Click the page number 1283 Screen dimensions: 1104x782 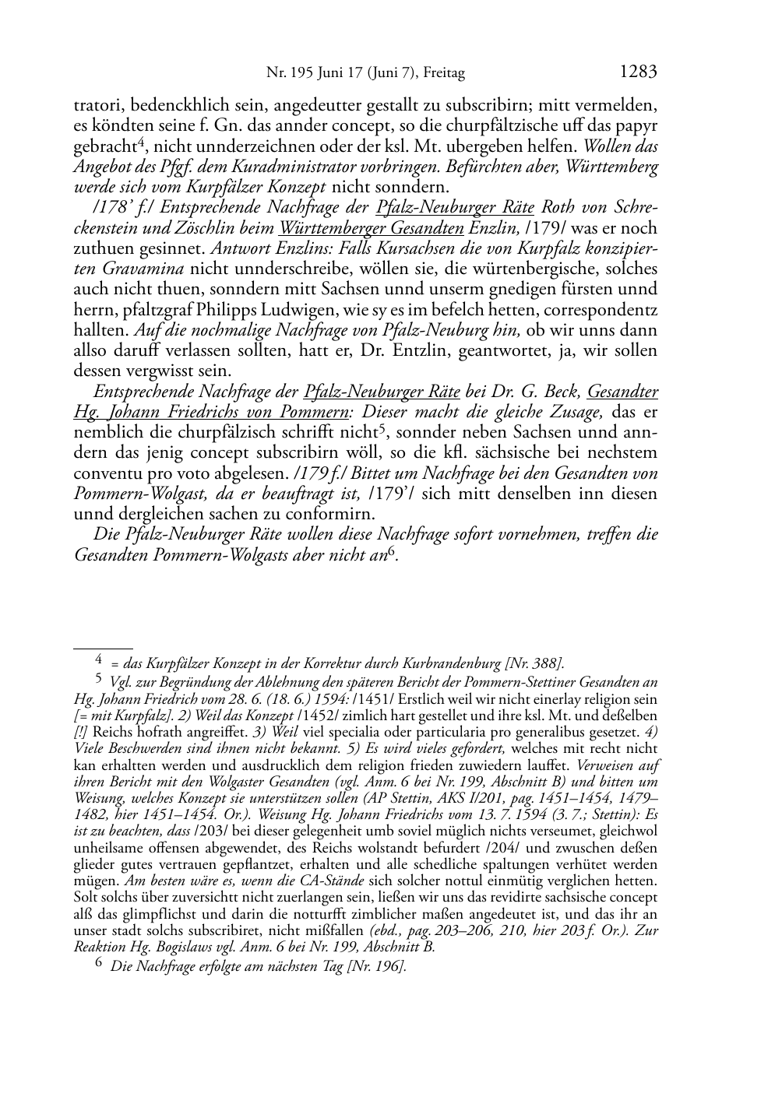click(x=639, y=72)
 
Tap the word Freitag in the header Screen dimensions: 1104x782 click(x=444, y=74)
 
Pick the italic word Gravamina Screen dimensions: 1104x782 click(x=145, y=269)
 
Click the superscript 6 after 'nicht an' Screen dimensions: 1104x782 click(x=392, y=550)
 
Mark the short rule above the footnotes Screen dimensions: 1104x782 click(x=103, y=647)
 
